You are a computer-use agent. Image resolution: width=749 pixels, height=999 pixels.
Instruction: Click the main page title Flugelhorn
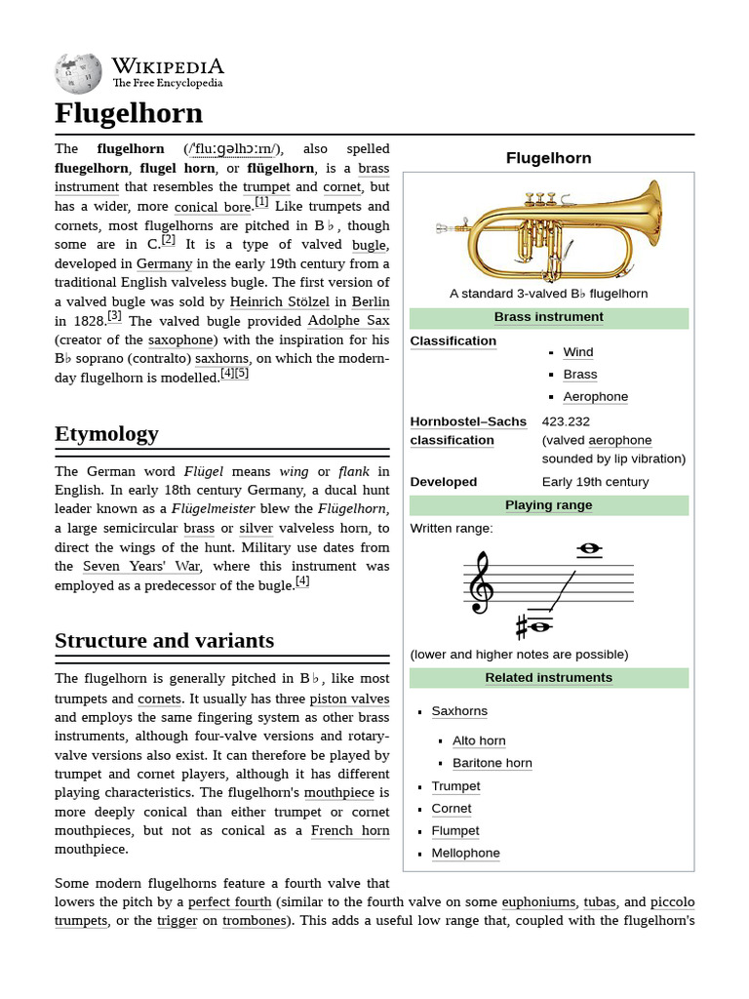(x=129, y=113)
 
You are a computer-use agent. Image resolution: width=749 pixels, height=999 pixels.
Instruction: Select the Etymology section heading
(x=106, y=433)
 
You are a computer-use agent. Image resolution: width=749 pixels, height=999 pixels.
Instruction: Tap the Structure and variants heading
(x=164, y=641)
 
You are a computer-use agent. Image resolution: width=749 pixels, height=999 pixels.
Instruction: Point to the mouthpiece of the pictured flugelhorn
(x=444, y=230)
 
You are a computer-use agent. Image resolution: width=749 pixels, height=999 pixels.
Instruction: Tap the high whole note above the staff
(x=588, y=549)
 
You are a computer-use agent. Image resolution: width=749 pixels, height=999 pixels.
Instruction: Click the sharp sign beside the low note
(x=522, y=624)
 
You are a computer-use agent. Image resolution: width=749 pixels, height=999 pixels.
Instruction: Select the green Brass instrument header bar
(x=548, y=317)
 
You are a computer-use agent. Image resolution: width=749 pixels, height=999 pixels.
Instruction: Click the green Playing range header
(x=548, y=505)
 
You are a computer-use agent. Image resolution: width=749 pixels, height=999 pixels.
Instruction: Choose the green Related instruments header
(x=548, y=678)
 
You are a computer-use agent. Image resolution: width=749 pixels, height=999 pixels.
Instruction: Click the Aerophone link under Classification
(x=595, y=397)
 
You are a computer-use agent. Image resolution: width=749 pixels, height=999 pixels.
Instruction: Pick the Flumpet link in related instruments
(x=455, y=831)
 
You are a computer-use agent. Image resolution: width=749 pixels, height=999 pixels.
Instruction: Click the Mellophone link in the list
(x=465, y=854)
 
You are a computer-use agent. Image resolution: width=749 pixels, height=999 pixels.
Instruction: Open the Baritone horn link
(x=492, y=763)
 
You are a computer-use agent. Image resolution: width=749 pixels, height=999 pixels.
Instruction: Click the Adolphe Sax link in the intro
(x=348, y=321)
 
